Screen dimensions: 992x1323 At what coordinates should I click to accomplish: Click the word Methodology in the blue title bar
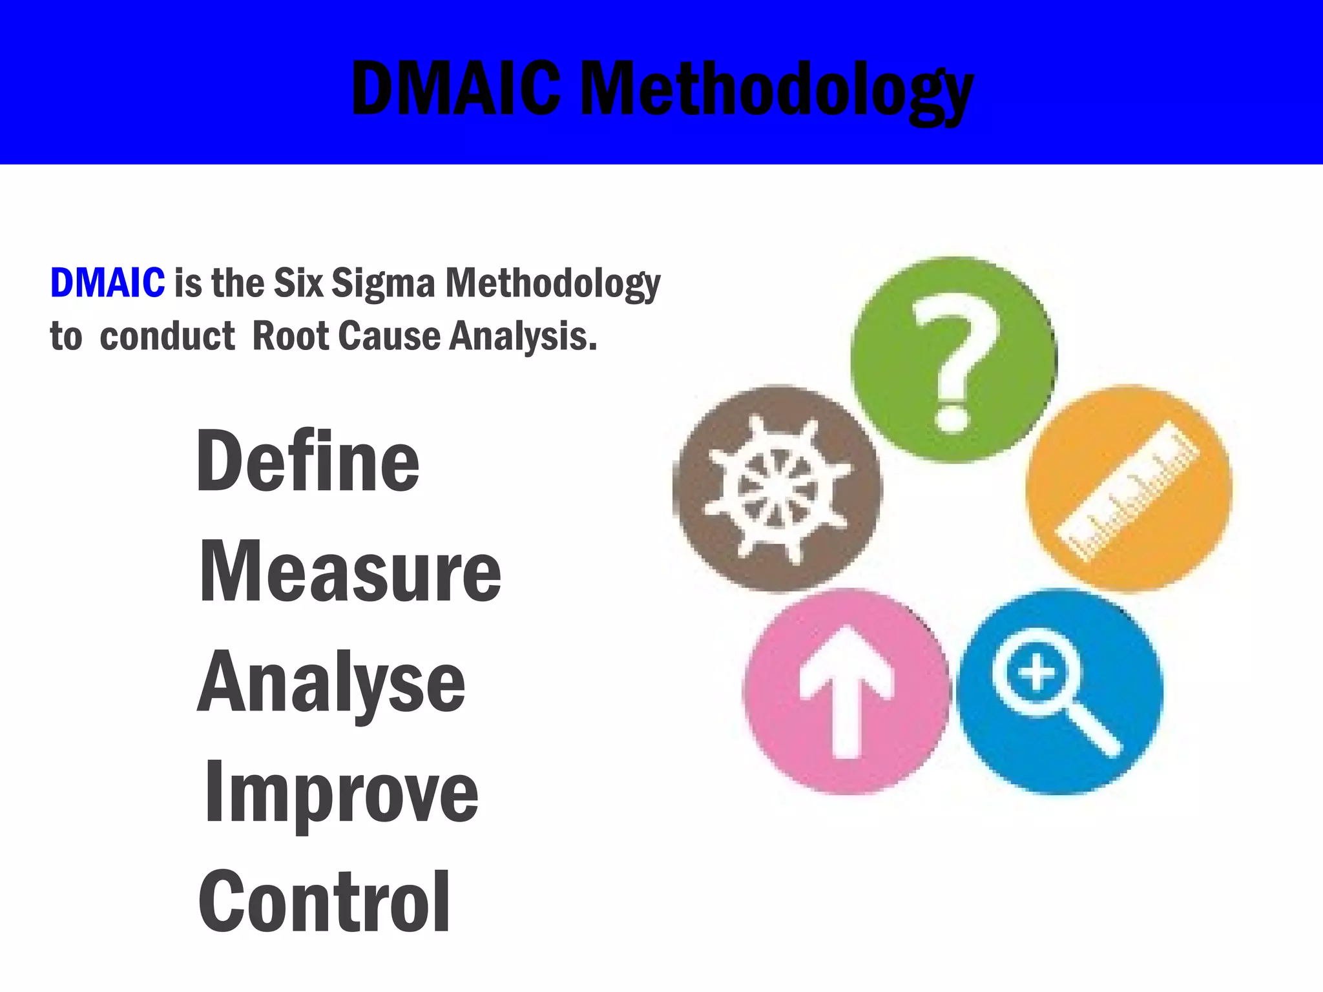(x=777, y=90)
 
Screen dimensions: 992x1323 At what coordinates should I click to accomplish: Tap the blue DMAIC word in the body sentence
(x=107, y=283)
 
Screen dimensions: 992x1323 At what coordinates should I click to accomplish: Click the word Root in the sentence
(x=291, y=336)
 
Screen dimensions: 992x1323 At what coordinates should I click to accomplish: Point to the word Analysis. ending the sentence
(x=523, y=336)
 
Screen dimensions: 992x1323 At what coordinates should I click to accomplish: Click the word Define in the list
(x=307, y=461)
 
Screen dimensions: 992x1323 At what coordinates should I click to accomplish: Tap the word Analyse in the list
(x=331, y=683)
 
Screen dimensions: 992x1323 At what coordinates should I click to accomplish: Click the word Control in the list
(x=324, y=902)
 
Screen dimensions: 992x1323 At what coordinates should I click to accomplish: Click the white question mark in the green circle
(x=955, y=362)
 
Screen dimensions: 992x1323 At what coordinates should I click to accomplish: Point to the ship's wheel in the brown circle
(x=777, y=489)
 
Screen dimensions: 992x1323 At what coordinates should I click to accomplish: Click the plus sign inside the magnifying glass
(x=1036, y=673)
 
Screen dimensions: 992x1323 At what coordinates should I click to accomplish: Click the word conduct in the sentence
(x=167, y=336)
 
